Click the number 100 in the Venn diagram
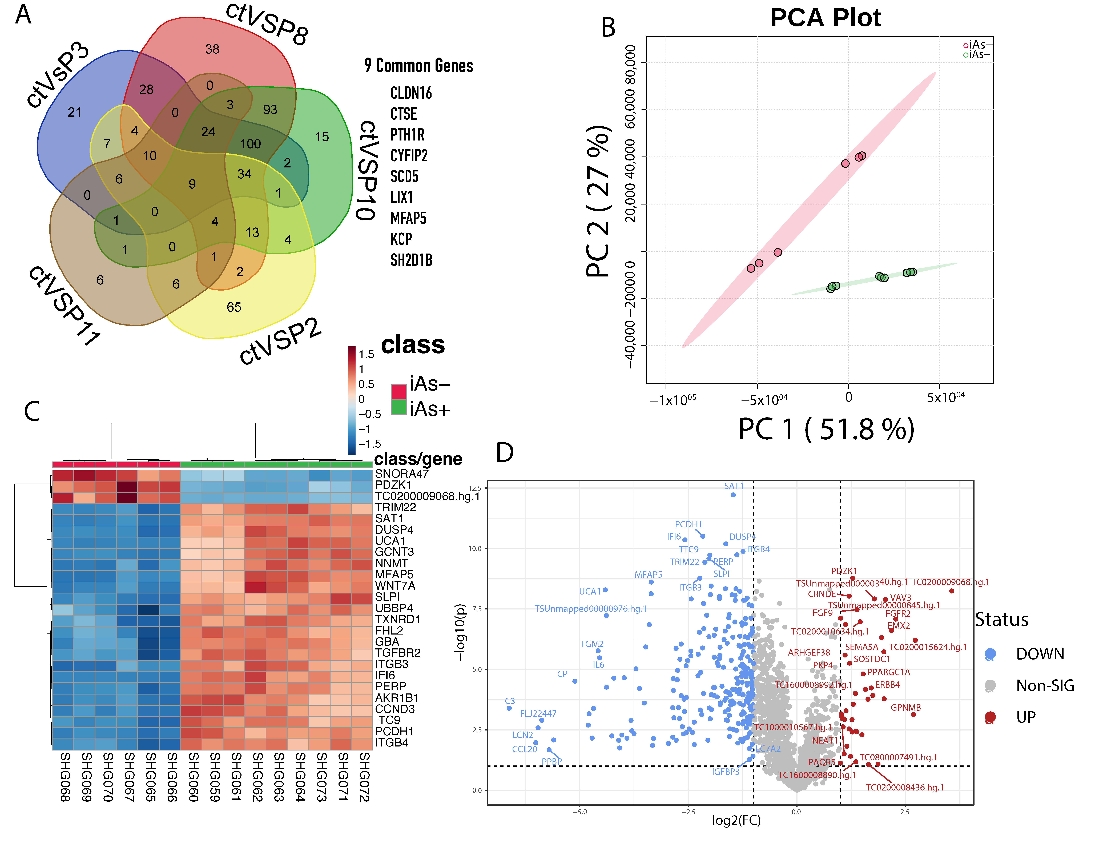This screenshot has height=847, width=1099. click(x=250, y=144)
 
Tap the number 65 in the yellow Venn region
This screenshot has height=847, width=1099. click(x=234, y=307)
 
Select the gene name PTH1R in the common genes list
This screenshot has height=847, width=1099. click(x=408, y=135)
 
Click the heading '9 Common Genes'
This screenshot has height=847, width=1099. click(x=419, y=66)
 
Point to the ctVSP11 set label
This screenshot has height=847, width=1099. click(x=64, y=306)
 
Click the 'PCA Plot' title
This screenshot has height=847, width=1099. click(x=825, y=18)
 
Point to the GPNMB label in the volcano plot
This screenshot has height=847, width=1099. click(x=906, y=708)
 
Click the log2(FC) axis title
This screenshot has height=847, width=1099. click(x=736, y=820)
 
